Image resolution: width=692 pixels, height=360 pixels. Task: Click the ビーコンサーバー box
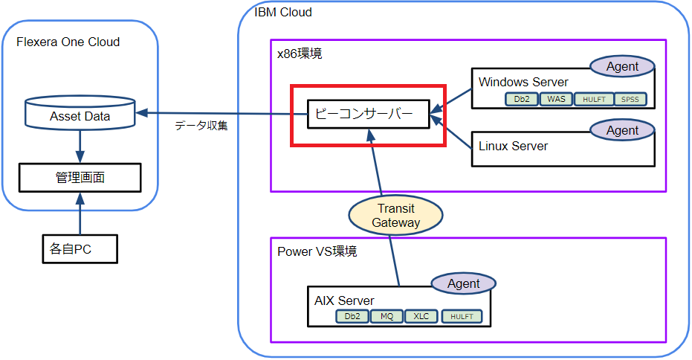coord(368,115)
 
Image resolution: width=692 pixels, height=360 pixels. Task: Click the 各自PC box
coord(79,249)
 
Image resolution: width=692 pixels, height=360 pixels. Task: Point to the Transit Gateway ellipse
coord(395,216)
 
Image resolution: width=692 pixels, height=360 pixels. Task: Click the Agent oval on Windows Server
coord(622,66)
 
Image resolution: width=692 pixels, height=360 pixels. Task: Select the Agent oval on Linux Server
coord(622,130)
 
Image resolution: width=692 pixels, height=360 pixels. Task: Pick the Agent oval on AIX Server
coord(464,283)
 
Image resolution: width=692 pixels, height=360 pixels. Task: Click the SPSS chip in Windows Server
coord(631,99)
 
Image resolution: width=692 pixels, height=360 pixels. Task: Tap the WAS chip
coord(557,99)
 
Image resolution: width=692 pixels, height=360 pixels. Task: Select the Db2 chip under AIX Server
coord(352,316)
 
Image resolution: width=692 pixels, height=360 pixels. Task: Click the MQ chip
coord(387,316)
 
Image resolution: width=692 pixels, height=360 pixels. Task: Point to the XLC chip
coord(421,316)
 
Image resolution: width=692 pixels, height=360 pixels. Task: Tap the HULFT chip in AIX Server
coord(461,316)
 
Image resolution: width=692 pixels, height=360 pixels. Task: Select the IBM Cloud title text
coord(282,12)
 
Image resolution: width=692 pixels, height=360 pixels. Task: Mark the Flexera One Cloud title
coord(68,42)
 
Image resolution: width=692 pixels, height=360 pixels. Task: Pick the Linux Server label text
coord(513,146)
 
